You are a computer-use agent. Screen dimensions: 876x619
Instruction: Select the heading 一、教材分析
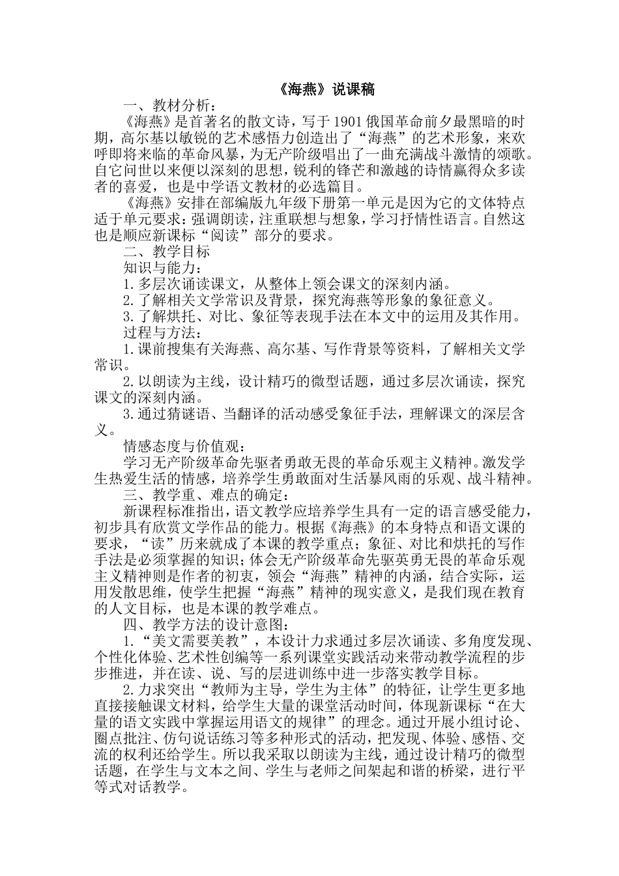click(x=167, y=106)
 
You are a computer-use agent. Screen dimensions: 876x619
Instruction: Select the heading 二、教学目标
click(x=167, y=252)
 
